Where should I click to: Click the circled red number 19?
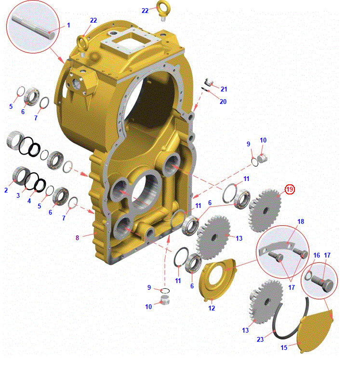pos(290,189)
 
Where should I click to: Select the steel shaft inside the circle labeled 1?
pos(33,26)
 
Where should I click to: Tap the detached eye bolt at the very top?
pos(163,10)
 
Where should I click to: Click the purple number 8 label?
pos(77,238)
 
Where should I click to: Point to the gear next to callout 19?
pos(265,210)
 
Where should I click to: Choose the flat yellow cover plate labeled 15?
pos(315,331)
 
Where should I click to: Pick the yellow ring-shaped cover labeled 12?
pos(216,280)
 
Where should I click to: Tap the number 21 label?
pos(224,89)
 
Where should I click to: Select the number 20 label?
pos(223,102)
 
